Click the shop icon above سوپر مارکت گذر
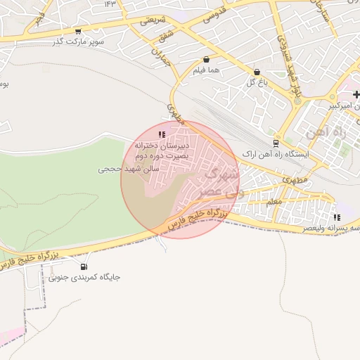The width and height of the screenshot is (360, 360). (77, 31)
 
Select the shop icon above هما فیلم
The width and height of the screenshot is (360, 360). (206, 60)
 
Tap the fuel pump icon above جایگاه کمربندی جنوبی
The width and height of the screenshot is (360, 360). (84, 266)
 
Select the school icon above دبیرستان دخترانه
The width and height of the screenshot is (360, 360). (162, 134)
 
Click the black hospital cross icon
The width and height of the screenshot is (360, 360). (356, 94)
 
